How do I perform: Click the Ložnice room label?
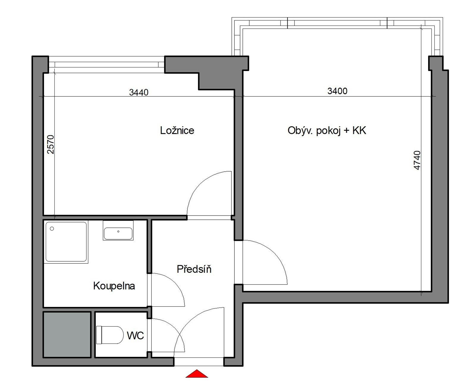[177, 131]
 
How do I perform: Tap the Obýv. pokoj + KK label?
[327, 131]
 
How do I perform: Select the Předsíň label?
[194, 269]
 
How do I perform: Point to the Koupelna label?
[114, 286]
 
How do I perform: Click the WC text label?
[135, 336]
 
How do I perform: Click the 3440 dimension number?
[139, 92]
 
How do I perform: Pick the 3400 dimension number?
[337, 91]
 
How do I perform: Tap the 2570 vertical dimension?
[51, 144]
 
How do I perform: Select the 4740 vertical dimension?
[417, 160]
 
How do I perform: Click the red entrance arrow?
[197, 374]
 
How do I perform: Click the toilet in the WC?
[110, 335]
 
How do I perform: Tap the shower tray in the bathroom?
[66, 242]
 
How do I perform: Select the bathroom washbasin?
[118, 231]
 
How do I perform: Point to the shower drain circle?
[52, 229]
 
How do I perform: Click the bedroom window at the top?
[107, 65]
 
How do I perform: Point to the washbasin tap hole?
[118, 232]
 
